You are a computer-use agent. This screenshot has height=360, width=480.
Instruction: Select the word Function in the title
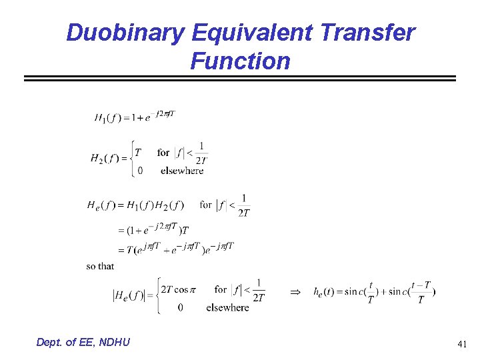click(x=240, y=61)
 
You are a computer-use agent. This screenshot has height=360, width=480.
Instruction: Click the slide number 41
click(x=462, y=344)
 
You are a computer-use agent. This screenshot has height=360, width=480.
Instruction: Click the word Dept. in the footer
click(x=52, y=342)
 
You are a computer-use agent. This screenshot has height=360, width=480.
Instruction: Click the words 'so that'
click(x=100, y=266)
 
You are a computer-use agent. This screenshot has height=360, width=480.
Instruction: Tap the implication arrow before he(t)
click(x=296, y=292)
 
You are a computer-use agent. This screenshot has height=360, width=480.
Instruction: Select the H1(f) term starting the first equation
click(x=109, y=118)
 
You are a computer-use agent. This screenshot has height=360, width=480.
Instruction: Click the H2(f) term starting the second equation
click(x=105, y=159)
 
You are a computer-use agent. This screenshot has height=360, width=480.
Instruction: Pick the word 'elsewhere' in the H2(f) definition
click(x=182, y=171)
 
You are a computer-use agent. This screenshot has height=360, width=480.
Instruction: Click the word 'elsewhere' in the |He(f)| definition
click(x=227, y=307)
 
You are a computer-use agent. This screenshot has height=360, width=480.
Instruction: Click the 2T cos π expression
click(x=176, y=289)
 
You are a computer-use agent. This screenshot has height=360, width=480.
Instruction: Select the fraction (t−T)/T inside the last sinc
click(x=420, y=292)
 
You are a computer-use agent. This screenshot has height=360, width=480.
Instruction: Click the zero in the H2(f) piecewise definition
click(x=139, y=171)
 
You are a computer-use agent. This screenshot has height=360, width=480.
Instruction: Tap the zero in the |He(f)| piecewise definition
click(x=181, y=307)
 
